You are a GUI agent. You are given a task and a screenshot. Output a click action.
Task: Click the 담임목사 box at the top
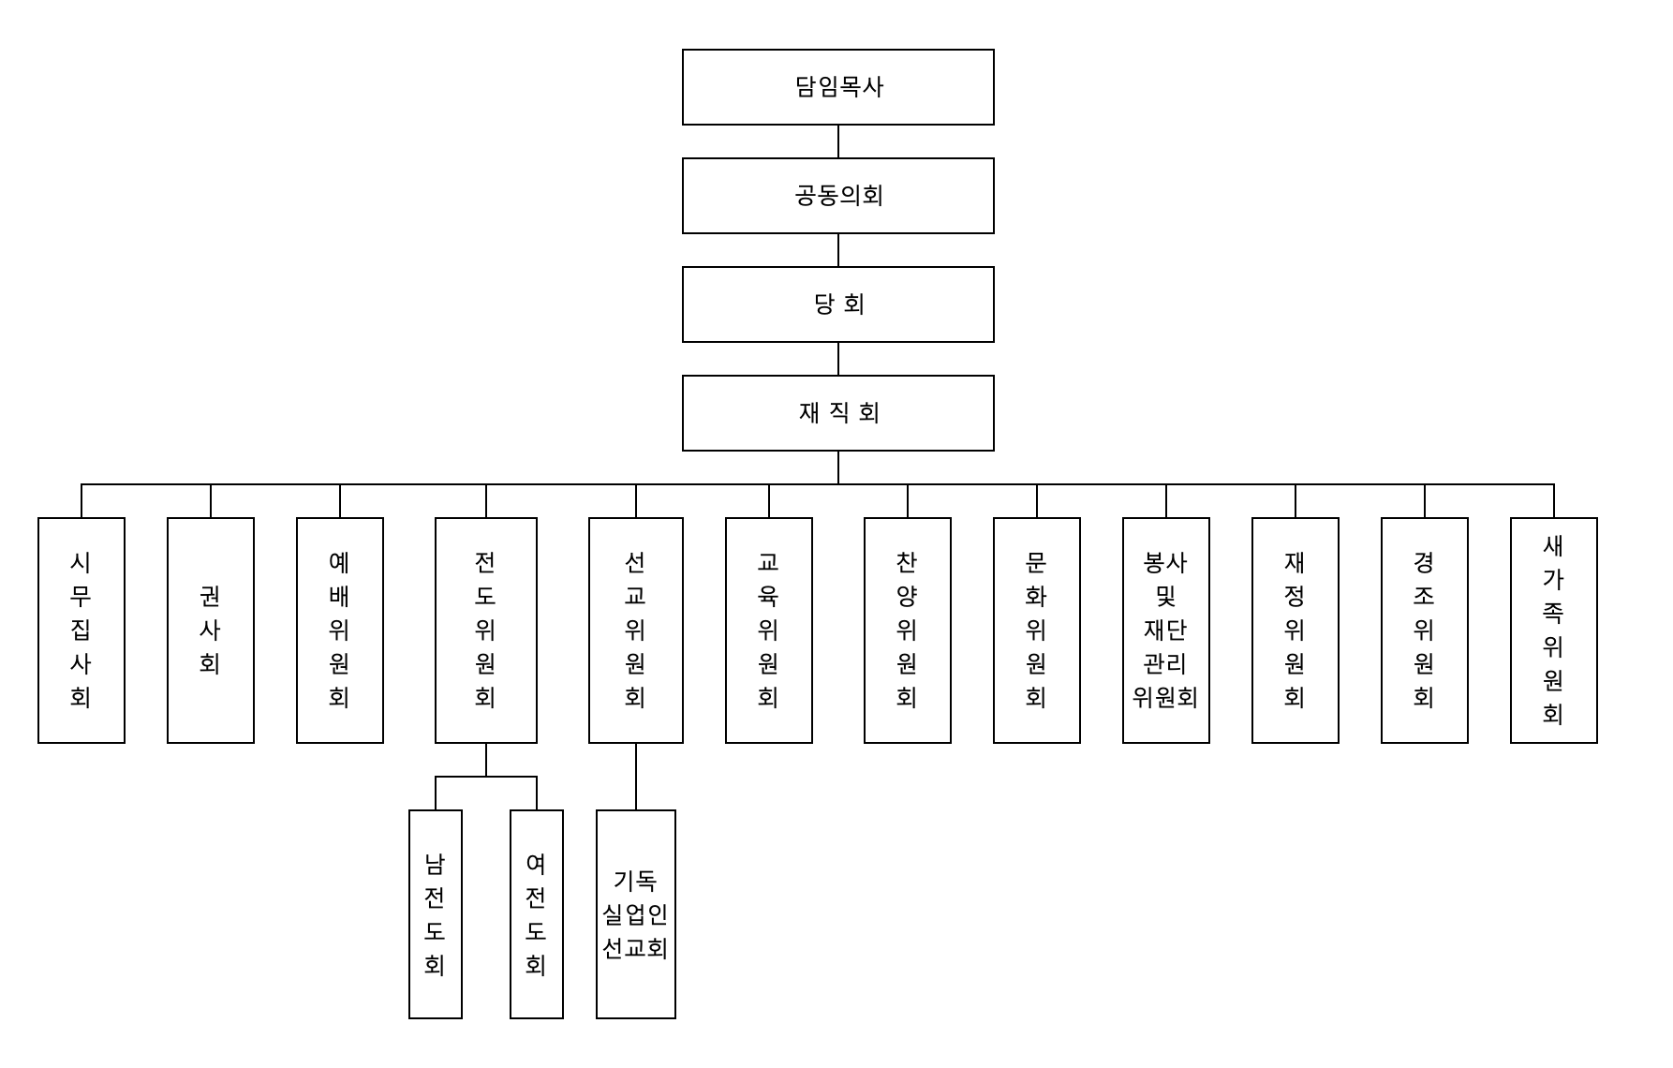[x=837, y=87]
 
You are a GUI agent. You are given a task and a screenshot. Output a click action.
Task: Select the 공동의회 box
[x=837, y=196]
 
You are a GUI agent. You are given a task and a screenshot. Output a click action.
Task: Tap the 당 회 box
[x=837, y=304]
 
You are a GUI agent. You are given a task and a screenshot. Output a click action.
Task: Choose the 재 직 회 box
[x=837, y=413]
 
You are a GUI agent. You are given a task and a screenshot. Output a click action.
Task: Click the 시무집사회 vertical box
[x=81, y=630]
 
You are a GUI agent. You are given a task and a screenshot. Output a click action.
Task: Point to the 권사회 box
[x=211, y=630]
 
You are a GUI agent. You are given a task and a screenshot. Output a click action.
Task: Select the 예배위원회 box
[x=340, y=630]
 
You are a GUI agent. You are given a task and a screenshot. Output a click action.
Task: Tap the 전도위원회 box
[x=486, y=630]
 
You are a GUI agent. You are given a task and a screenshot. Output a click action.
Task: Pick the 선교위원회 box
[x=636, y=630]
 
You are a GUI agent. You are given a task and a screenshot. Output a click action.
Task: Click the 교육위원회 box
[x=769, y=630]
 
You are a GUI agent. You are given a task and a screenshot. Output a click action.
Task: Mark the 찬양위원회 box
[x=908, y=630]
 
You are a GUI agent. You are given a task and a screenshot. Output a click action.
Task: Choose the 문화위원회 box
[x=1037, y=630]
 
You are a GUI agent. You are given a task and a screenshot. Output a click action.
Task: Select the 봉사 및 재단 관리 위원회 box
[x=1166, y=630]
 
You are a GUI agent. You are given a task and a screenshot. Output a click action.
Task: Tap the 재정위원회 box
[x=1295, y=630]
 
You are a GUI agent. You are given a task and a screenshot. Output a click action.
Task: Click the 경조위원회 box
[x=1425, y=630]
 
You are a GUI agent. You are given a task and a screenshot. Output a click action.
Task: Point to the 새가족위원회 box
[x=1554, y=630]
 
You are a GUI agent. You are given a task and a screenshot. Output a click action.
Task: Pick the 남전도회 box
[x=436, y=914]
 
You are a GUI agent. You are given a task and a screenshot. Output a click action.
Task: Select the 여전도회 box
[x=537, y=914]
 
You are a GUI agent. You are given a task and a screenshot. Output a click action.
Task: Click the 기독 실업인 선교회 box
[x=636, y=914]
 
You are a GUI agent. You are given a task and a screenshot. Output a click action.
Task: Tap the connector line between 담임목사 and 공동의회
[x=838, y=141]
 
